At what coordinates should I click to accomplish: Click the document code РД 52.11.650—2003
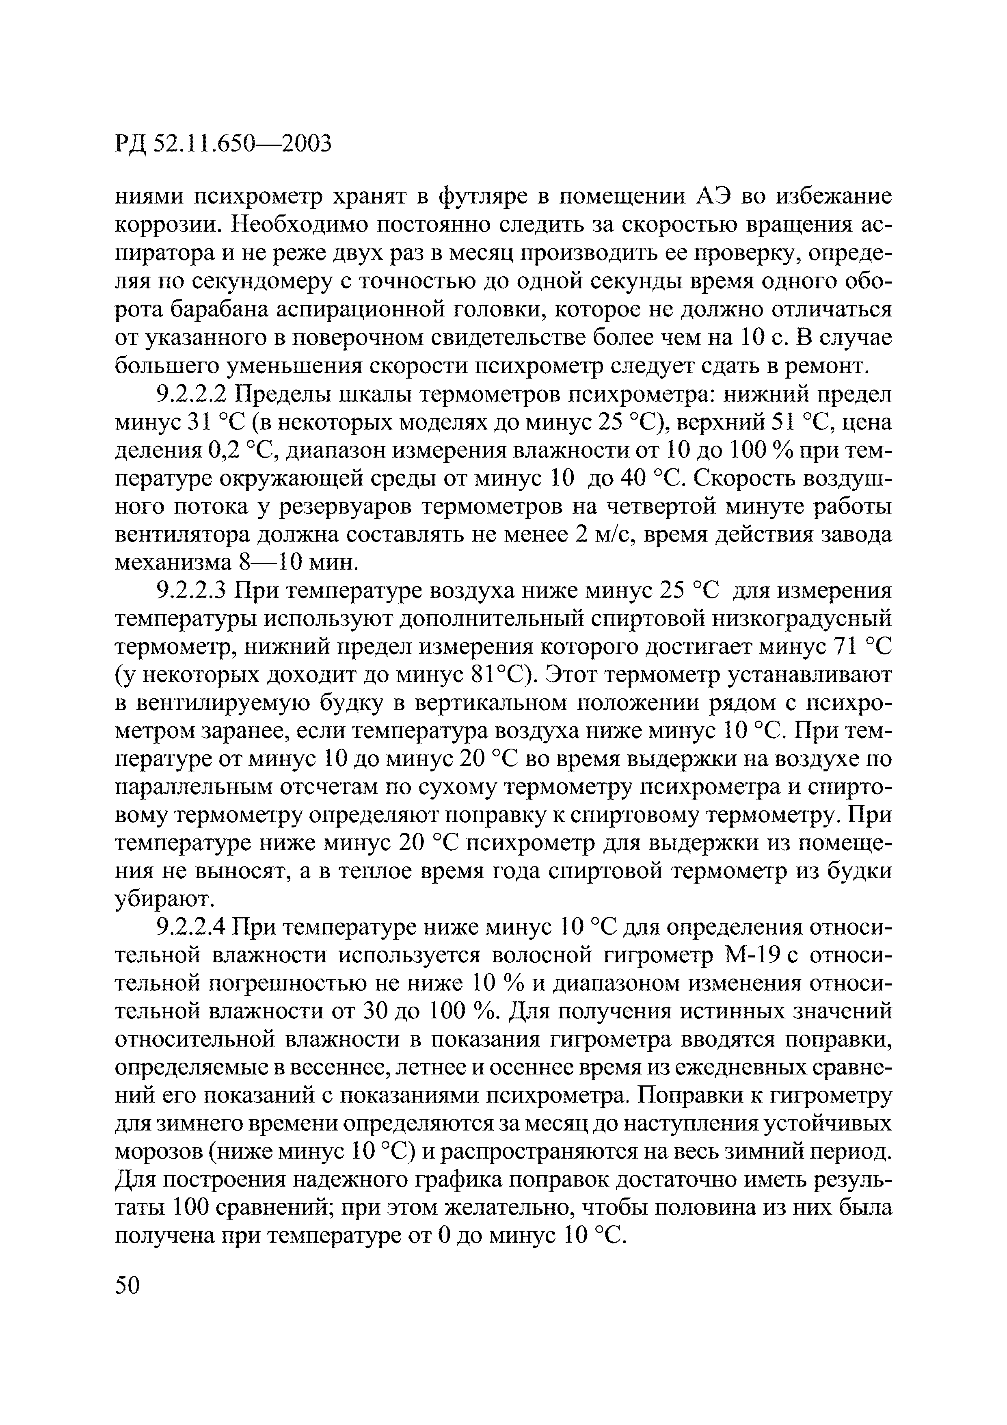coord(223,144)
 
